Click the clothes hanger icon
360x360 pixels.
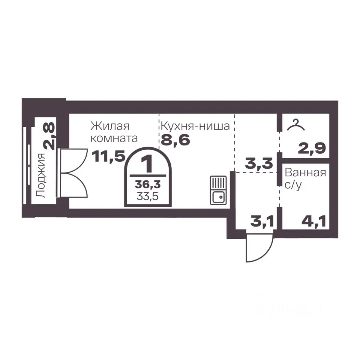pos(296,125)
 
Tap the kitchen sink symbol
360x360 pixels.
pos(218,190)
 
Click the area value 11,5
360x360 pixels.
pos(108,157)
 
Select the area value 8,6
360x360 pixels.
pos(175,140)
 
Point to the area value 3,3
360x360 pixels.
pos(259,163)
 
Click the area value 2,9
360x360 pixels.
pos(312,148)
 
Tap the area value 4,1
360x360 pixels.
pos(313,222)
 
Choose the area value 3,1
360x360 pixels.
pos(262,222)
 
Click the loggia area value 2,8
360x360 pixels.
pos(49,136)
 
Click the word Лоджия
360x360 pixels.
pos(41,175)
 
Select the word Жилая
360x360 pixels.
pos(110,126)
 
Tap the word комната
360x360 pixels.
pos(114,138)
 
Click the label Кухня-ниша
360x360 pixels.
pos(195,126)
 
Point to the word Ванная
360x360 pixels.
pos(305,172)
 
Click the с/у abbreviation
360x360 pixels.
pos(293,185)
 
